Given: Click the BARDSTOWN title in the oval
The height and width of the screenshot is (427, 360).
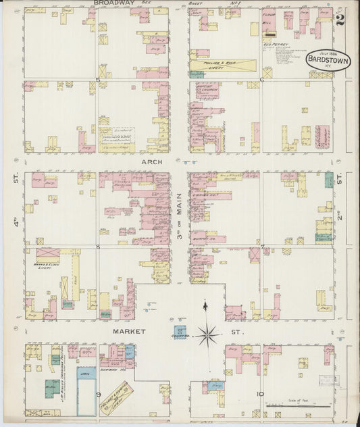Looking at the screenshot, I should coord(328,59).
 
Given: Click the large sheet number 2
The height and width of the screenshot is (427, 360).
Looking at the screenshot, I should coord(340,19).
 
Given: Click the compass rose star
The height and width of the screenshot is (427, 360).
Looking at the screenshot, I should coord(207,332).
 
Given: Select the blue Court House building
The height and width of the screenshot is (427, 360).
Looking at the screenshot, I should coord(180,332).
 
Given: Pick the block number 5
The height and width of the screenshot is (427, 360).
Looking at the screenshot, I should coord(99,80).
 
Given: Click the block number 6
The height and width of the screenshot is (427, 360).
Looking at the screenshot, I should coord(261,80).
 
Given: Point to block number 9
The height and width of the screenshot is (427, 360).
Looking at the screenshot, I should coord(99,393).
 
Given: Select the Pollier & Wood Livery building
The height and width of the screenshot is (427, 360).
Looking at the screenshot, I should coord(223,66).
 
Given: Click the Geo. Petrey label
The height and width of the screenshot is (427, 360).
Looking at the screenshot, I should coord(276,45).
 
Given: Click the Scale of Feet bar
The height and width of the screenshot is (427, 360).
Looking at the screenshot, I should coord(297,407).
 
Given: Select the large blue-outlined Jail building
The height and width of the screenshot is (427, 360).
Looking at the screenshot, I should coord(86,395).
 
